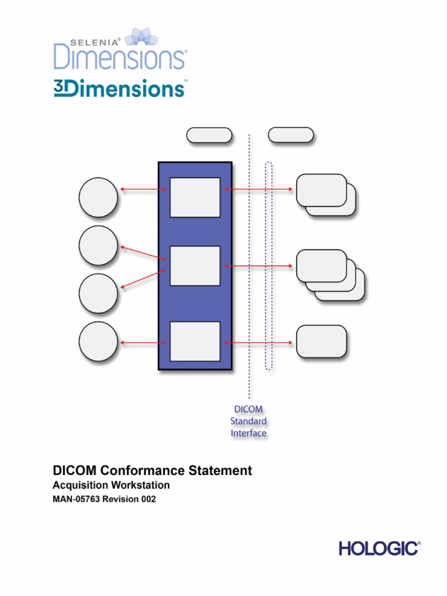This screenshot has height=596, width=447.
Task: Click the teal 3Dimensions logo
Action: click(119, 88)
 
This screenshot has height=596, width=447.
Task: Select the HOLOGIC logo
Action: click(379, 548)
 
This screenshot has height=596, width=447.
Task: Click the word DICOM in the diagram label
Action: click(249, 409)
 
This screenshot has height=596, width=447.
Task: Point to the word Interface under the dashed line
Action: click(249, 433)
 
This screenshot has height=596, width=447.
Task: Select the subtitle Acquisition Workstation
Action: click(111, 485)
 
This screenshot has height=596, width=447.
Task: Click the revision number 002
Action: click(147, 499)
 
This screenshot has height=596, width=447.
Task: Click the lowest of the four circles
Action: click(98, 342)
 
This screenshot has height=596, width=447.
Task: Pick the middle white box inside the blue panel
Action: click(195, 266)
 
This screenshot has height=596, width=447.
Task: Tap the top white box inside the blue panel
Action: click(195, 197)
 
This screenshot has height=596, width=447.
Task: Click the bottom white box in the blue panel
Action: click(195, 341)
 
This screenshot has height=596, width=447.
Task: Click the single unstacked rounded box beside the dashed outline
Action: click(321, 341)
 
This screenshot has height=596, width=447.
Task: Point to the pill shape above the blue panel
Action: click(209, 135)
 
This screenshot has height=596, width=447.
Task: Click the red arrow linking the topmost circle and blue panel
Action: click(143, 189)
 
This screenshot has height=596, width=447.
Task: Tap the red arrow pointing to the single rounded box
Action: click(258, 342)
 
